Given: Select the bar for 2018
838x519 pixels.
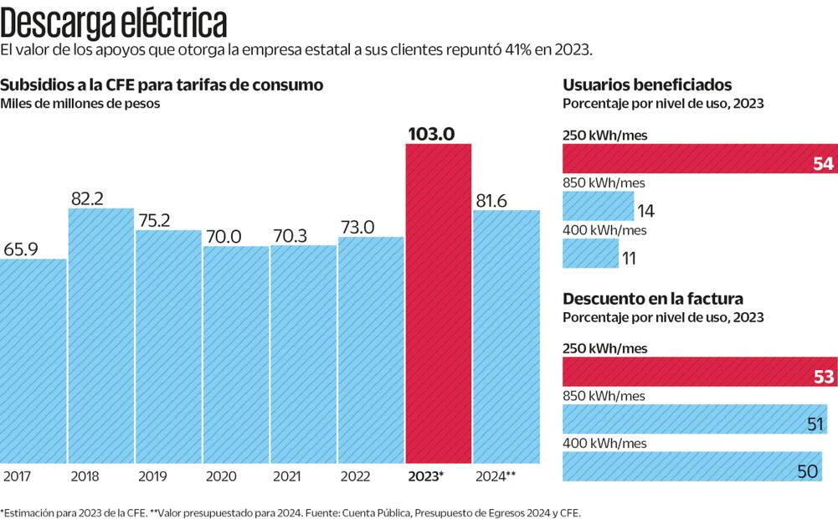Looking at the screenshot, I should point(100,335).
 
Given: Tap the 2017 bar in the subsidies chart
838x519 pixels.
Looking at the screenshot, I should point(33,360).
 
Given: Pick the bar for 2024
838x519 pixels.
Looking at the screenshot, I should point(506,335).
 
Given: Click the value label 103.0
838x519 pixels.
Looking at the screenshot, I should point(437,133).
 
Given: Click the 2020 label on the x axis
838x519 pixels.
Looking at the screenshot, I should point(221,476).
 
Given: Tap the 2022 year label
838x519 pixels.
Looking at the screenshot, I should point(356,476).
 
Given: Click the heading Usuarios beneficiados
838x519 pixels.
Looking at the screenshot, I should point(647,85).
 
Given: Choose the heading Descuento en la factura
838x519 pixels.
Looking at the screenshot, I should point(653,299).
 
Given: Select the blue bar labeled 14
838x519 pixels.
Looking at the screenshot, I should point(598,206).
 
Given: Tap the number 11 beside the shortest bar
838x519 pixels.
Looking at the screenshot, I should point(629,259).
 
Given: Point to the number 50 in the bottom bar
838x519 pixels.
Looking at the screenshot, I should point(807,471).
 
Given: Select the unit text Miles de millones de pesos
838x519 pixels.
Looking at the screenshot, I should point(80,104).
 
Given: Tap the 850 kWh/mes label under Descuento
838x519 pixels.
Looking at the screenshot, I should point(604,395).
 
